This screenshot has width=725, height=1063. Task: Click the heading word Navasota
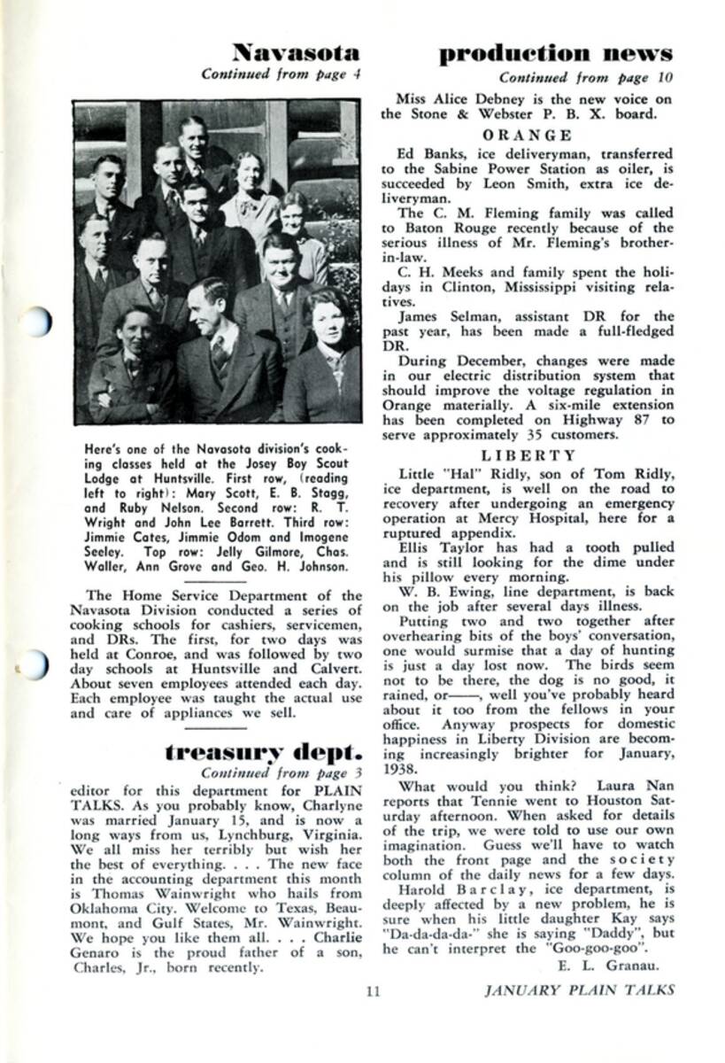click(295, 51)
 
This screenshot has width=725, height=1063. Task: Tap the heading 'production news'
click(555, 53)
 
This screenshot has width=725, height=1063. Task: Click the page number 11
click(372, 991)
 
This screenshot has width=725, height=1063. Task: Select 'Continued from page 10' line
click(585, 77)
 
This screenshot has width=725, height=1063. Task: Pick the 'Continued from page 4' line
click(281, 74)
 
